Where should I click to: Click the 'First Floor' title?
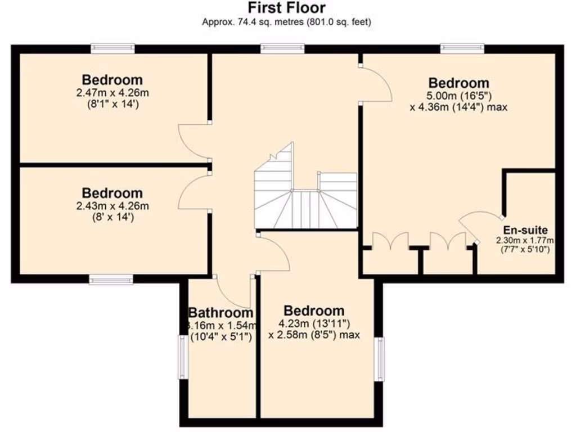coord(287,7)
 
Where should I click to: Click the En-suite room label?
coord(525,230)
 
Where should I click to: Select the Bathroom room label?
coord(220,313)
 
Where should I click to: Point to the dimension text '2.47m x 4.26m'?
coord(112,92)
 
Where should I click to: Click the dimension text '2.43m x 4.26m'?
coord(112,206)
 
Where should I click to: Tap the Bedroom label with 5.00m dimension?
coord(458,83)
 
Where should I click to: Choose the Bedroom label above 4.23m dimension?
coord(313,310)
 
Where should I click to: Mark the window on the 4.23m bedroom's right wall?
coord(380,359)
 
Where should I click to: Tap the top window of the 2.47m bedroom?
coord(113,49)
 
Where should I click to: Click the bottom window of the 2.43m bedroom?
coord(111,280)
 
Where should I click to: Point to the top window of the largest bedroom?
coord(462,49)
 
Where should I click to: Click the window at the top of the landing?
coord(282,49)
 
